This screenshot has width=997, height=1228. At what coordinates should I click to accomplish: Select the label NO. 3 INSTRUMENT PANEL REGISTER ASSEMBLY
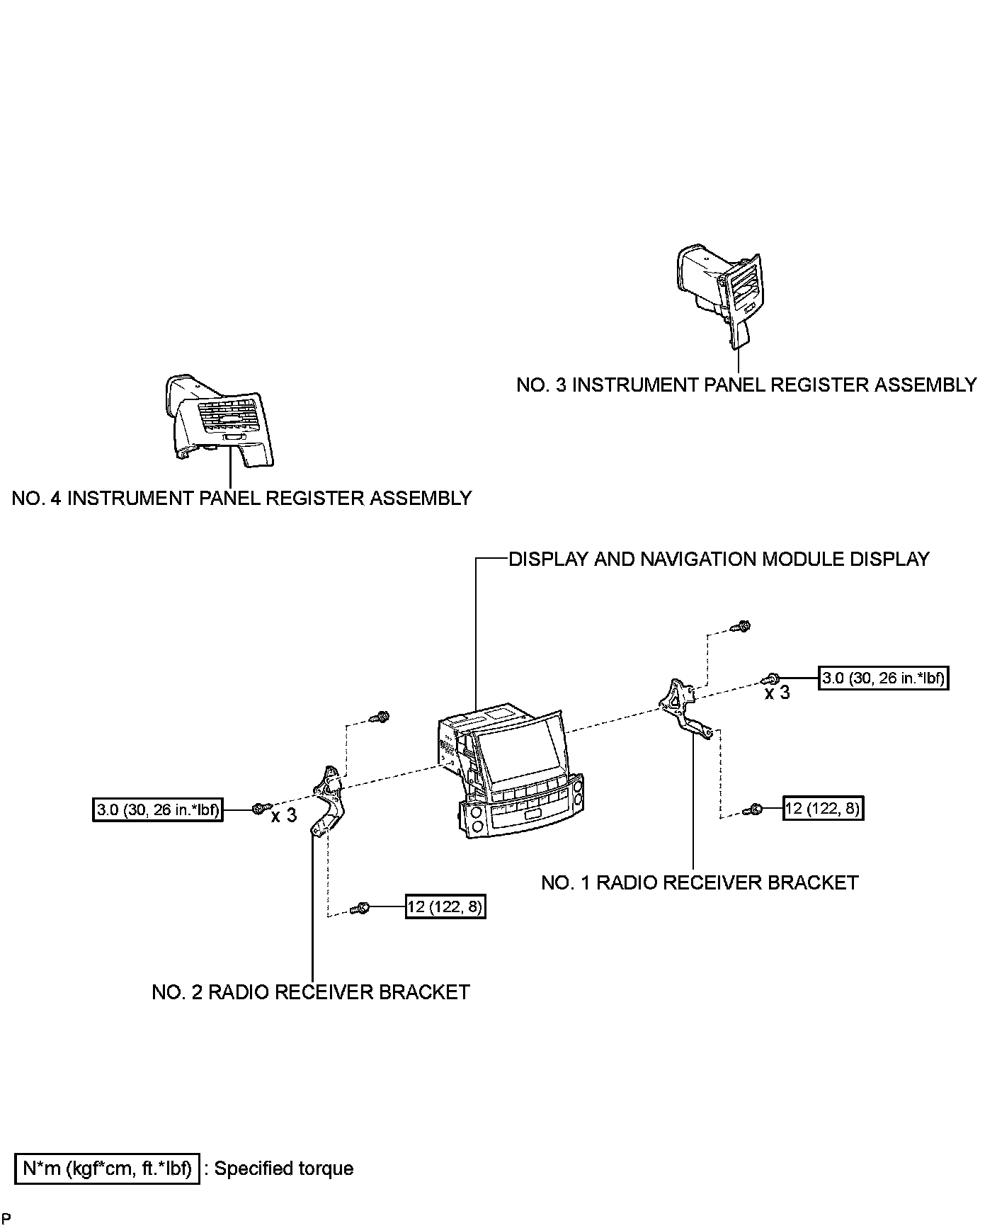(746, 385)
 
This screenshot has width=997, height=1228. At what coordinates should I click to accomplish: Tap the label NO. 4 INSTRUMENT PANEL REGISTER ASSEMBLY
(241, 499)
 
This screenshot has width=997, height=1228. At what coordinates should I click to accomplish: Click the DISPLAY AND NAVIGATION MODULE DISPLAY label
(719, 559)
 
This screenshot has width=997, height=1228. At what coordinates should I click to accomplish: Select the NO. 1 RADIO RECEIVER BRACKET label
(700, 883)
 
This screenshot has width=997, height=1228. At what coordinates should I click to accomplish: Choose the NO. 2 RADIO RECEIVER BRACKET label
(311, 992)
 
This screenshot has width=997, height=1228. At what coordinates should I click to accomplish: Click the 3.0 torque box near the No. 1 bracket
(883, 678)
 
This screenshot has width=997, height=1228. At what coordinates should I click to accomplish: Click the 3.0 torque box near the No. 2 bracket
(157, 809)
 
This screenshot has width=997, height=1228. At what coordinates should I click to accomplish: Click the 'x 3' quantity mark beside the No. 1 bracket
(777, 693)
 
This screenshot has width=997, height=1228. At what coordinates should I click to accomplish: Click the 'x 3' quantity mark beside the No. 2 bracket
(284, 816)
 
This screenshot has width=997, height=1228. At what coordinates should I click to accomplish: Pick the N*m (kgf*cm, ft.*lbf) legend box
(107, 1169)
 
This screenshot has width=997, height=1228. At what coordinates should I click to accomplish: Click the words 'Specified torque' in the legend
(283, 1169)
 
